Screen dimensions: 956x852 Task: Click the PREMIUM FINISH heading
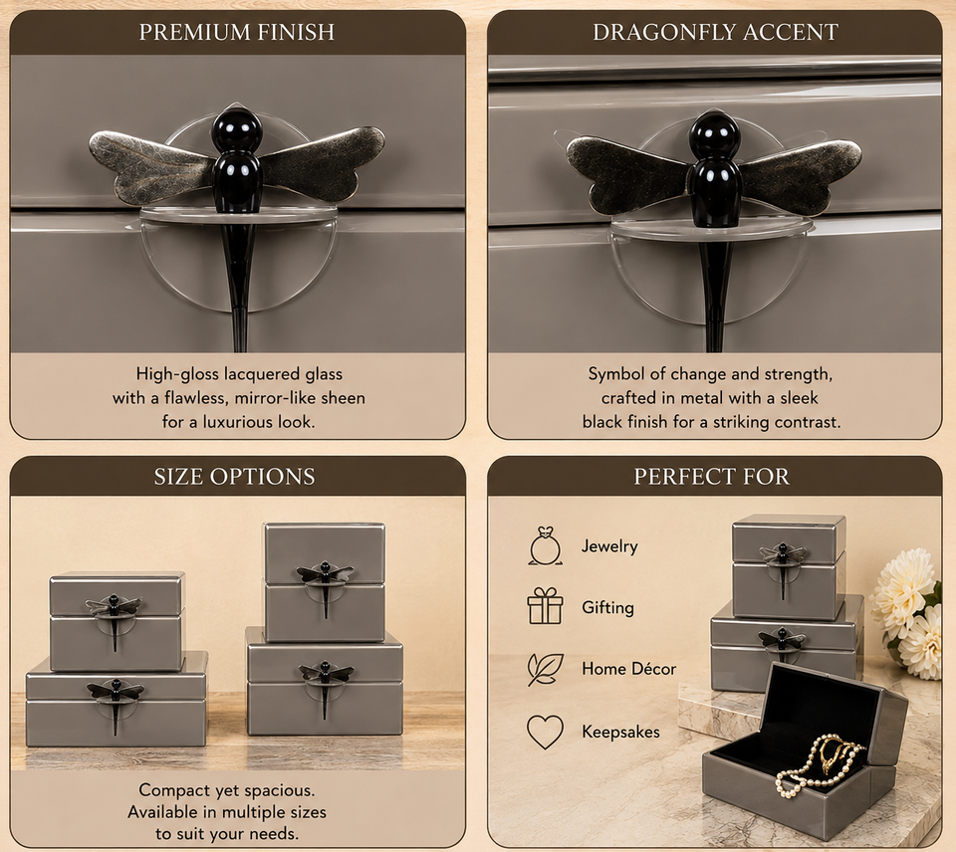[237, 32]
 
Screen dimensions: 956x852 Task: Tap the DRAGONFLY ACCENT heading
[715, 32]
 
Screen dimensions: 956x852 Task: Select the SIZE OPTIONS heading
[235, 477]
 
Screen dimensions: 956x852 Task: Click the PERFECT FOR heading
[711, 477]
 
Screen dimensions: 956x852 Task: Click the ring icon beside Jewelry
[545, 546]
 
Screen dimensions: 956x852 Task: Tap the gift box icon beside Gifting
[545, 606]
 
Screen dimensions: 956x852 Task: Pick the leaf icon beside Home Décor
[545, 669]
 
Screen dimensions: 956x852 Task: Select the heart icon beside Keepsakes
[545, 732]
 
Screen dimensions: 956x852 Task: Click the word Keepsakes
[620, 732]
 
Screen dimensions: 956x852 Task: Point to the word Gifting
[607, 607]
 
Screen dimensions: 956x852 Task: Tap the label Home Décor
[628, 669]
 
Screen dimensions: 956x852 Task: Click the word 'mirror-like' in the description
[278, 398]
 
